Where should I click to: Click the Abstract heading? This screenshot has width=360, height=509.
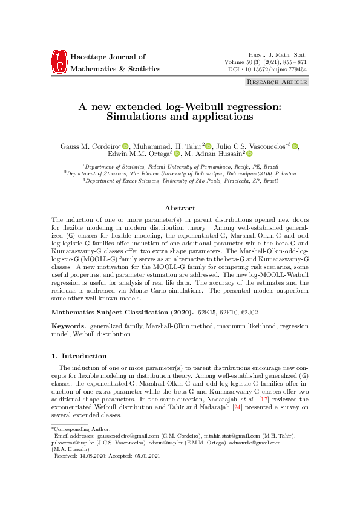[180, 208]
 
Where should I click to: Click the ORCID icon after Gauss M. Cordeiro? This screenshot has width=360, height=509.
[126, 145]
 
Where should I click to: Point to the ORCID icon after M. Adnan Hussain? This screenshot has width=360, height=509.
[248, 154]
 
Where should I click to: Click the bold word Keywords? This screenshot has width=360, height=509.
[68, 326]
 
